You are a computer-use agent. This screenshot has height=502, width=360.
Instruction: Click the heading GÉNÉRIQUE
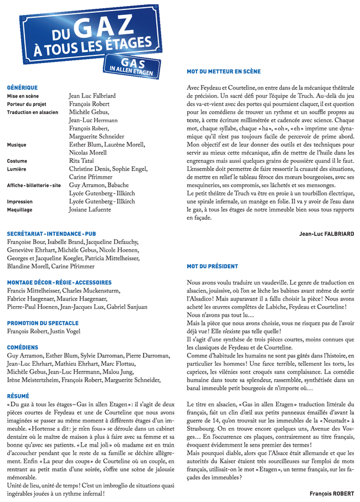point(22,87)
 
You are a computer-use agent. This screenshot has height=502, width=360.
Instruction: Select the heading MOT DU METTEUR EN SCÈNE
point(224,72)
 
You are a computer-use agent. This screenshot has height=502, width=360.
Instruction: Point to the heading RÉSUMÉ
point(18,396)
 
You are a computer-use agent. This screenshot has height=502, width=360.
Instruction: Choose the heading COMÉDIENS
point(23,347)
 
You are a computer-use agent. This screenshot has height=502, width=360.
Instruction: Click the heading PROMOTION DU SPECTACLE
point(43,323)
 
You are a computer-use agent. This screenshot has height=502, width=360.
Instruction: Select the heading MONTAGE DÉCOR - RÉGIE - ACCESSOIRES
point(59,282)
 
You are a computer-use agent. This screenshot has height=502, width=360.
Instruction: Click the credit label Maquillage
point(19,210)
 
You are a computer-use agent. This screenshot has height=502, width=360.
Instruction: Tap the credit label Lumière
point(17,169)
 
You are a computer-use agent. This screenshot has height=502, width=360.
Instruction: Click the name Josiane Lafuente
point(91,210)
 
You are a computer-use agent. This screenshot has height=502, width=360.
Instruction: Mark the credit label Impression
point(19,201)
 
